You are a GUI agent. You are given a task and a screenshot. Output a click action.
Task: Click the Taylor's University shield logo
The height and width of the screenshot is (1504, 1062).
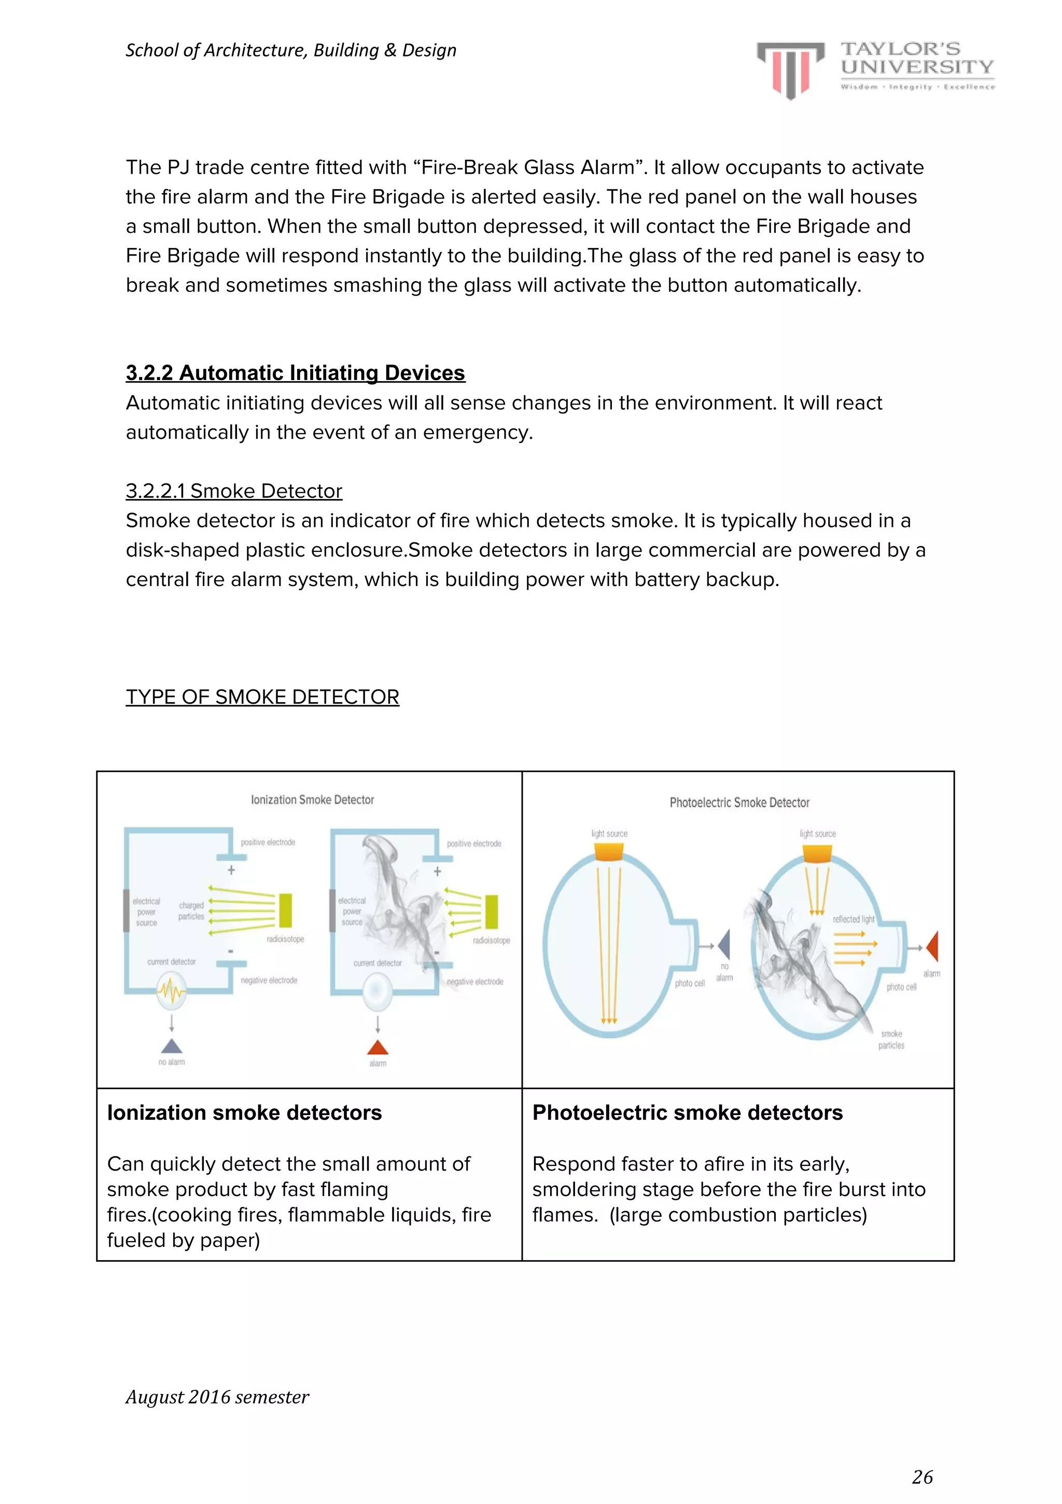point(790,69)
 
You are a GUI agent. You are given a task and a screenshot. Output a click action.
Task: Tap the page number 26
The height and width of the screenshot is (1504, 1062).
point(922,1477)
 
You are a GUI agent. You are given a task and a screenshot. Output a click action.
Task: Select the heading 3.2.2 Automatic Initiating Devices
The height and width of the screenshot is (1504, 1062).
point(295,373)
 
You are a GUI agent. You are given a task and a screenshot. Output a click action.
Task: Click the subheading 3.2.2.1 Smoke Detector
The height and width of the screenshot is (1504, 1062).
point(234,491)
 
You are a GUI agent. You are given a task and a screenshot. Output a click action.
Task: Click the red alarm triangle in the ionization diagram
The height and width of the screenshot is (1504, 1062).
point(378,1046)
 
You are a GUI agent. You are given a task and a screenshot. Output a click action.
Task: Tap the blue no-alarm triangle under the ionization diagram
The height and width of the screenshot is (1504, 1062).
point(172,1046)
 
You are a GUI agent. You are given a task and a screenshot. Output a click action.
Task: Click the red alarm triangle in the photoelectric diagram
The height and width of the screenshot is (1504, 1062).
point(933,946)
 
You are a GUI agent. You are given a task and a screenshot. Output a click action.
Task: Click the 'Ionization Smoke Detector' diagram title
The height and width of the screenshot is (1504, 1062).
point(313,800)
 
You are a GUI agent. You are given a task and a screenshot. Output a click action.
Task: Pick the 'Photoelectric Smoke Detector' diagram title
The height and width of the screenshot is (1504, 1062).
point(739,802)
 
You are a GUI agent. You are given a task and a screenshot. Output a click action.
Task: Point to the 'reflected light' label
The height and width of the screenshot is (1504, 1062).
point(853,919)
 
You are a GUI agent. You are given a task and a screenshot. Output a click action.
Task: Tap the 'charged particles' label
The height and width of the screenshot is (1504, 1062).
point(191,911)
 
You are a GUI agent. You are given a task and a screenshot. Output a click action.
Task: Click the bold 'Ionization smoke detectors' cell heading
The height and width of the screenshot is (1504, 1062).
point(244,1113)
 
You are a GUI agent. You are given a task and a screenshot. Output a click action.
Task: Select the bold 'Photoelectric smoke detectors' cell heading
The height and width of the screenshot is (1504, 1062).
point(687,1113)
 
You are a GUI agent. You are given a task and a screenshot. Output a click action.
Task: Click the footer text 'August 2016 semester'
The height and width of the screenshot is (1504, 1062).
point(217,1397)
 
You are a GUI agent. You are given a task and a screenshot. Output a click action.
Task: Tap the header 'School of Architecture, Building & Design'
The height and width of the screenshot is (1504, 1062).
point(291,50)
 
